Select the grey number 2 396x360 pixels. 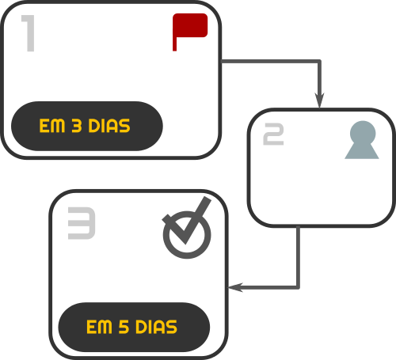coord(273,134)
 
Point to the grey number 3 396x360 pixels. coord(82,223)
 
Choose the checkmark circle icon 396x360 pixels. coord(187,235)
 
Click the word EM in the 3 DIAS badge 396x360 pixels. coord(52,126)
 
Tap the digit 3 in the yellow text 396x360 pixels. coord(77,126)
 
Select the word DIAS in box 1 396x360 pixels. coord(109,126)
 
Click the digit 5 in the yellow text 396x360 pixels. coord(124,327)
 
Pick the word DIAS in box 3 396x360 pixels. coord(156,327)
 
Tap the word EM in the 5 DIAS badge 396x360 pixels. coord(99,327)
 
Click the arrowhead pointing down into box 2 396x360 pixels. coord(320,100)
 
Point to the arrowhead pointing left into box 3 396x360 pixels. coord(235,287)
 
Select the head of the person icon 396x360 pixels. coord(363,133)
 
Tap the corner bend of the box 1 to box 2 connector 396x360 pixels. coord(319,62)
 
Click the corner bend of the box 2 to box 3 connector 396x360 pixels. coord(298,287)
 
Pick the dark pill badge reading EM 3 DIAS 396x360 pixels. coord(87,126)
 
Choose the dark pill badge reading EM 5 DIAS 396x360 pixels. coord(134,327)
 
